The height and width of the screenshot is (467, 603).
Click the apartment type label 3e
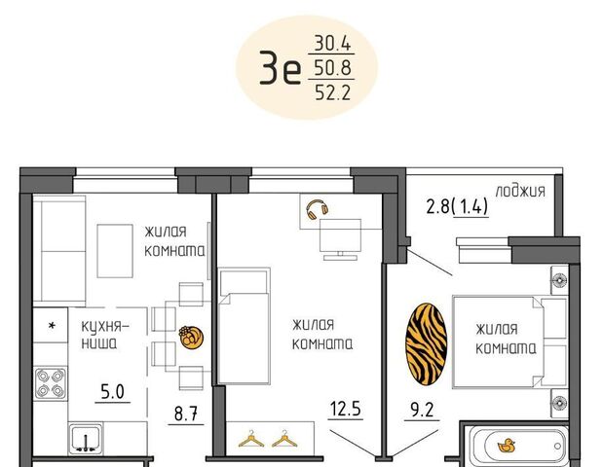[x=280, y=67]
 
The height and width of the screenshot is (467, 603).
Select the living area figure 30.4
[x=332, y=43]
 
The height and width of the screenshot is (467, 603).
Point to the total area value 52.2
[x=333, y=92]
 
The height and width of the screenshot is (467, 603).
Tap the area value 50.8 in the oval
[x=332, y=68]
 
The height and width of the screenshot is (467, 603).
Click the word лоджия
[x=520, y=191]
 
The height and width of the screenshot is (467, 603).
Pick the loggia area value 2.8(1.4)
[x=457, y=206]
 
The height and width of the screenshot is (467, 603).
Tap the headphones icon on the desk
[x=317, y=210]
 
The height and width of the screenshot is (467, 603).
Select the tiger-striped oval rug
[x=426, y=344]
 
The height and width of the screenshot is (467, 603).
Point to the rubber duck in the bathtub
[x=507, y=446]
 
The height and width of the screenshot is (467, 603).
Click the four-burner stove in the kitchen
[x=51, y=383]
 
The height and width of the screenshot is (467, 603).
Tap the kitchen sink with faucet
[x=86, y=439]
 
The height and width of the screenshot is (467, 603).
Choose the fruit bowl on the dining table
[x=191, y=338]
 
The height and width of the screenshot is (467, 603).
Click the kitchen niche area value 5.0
[x=112, y=392]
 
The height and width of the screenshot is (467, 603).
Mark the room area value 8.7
[x=186, y=414]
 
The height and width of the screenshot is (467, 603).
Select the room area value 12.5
[x=346, y=409]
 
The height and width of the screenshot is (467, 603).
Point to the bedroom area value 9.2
[x=422, y=411]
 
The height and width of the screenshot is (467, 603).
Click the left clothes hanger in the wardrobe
[x=251, y=439]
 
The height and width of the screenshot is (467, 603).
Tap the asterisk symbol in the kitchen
[x=52, y=326]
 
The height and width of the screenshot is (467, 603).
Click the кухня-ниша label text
[x=105, y=335]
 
